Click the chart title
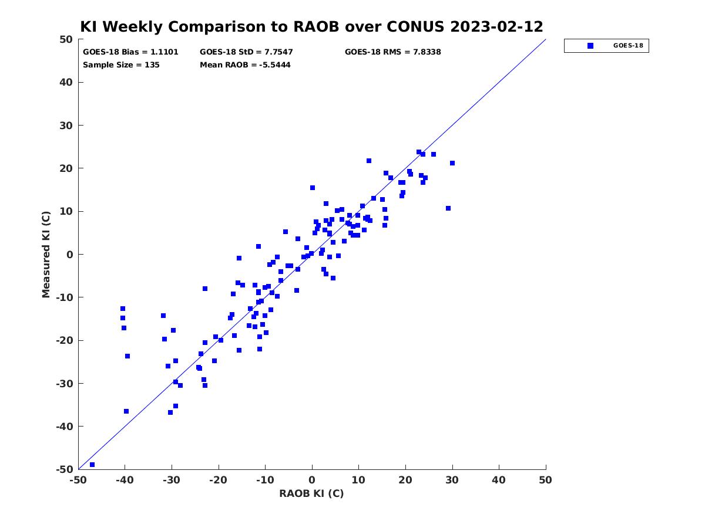point(311,26)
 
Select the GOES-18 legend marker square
point(590,46)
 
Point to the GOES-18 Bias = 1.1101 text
point(130,52)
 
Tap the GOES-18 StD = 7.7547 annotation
point(246,52)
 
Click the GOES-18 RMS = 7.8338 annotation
point(393,52)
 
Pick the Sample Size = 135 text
point(121,65)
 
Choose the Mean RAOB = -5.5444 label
point(245,65)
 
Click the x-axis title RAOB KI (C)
point(311,493)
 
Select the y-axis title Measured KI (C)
point(46,254)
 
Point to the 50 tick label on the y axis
point(66,39)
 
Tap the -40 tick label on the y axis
point(65,427)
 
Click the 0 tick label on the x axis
point(312,480)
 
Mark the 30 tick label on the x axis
point(452,480)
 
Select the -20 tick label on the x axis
point(219,480)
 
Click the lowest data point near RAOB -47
point(92,465)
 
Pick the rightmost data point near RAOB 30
point(452,163)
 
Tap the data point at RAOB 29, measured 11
point(448,208)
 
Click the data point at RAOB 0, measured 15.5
point(313,188)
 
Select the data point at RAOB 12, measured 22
point(369,161)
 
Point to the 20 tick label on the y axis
point(66,168)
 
